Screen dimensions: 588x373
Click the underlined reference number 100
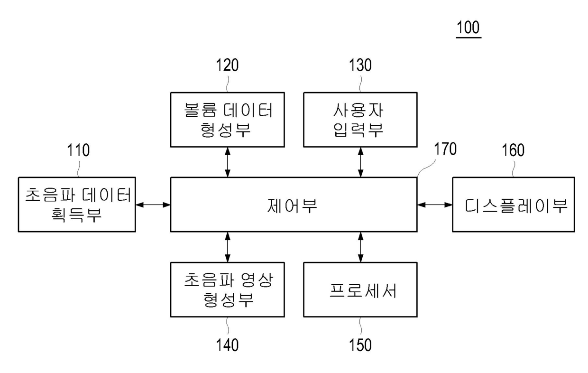469,28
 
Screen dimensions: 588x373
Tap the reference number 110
78,150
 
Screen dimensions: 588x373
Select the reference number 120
227,65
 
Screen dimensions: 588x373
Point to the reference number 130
360,65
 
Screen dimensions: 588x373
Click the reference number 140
227,345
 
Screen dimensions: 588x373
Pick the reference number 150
360,345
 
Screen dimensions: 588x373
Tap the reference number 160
513,150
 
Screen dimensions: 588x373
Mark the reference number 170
445,149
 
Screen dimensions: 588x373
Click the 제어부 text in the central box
292,205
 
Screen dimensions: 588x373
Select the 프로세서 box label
363,290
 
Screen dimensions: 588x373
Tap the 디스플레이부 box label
516,205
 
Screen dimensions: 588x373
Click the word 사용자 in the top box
358,110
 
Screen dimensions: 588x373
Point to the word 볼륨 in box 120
200,110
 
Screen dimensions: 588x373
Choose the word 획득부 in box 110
76,214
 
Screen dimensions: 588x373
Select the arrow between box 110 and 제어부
153,205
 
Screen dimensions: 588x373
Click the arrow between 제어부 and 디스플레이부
435,205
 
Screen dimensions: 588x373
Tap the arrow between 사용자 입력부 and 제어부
361,162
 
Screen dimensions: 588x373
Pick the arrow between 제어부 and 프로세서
361,247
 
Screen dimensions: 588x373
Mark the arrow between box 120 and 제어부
228,162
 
